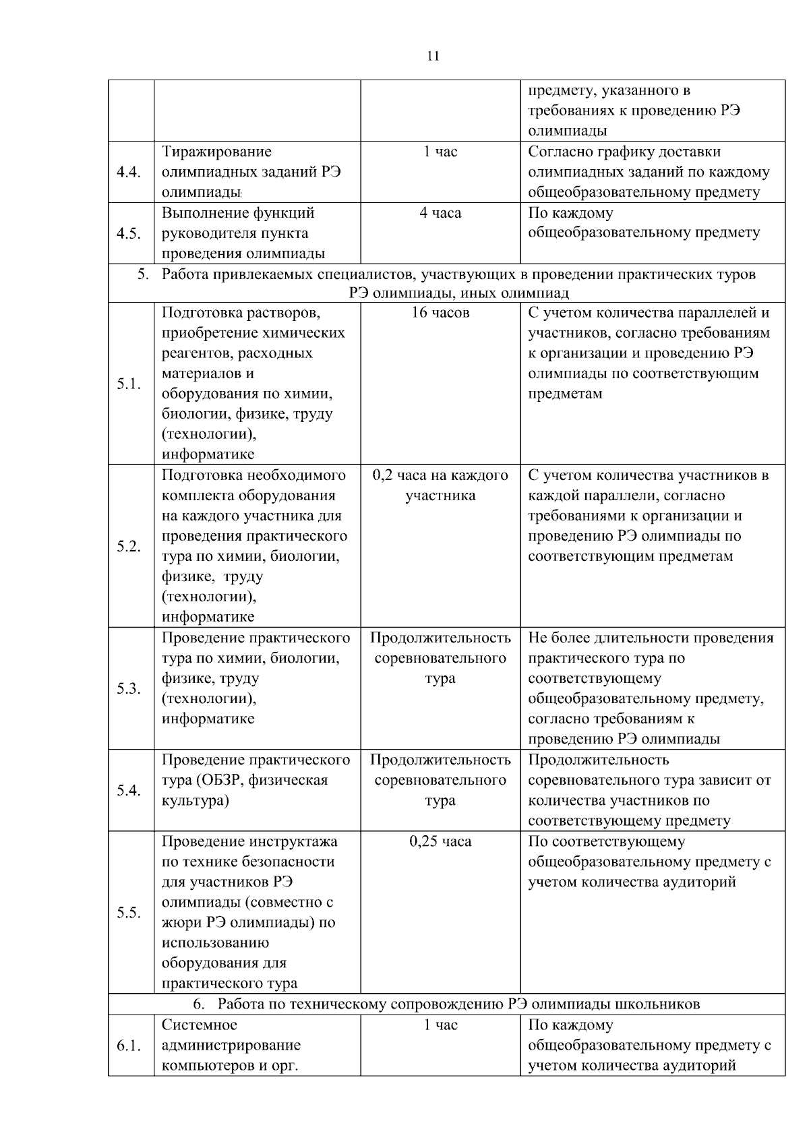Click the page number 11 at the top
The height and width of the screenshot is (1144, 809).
[x=433, y=57]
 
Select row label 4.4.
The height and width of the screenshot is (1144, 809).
[x=128, y=172]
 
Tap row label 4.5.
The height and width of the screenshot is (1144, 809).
[x=128, y=233]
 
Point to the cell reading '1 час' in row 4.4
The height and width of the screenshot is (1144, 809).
[x=440, y=152]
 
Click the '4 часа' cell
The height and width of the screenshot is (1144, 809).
[x=440, y=214]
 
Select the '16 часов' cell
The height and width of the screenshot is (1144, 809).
[x=440, y=313]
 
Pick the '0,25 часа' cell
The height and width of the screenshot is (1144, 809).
[x=440, y=841]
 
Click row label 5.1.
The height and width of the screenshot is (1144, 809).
[x=128, y=384]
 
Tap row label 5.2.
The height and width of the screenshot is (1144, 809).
[x=128, y=546]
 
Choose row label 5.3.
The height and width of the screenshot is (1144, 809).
[x=128, y=688]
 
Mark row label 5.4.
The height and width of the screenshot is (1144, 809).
[x=128, y=790]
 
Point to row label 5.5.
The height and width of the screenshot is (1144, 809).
[x=128, y=913]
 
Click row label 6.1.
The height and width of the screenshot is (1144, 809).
[x=128, y=1046]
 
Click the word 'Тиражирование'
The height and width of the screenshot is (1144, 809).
[x=216, y=152]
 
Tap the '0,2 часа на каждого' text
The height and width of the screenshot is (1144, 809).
[x=440, y=475]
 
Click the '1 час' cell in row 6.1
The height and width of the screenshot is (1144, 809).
[x=440, y=1025]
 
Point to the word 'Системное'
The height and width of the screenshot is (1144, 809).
[x=199, y=1025]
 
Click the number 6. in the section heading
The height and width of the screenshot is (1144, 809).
[x=199, y=1004]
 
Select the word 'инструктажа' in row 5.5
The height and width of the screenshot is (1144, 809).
[x=294, y=841]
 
